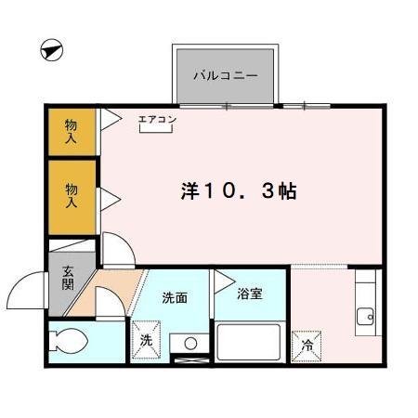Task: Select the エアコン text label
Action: coord(157,119)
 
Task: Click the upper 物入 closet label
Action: coord(71,131)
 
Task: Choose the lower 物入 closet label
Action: coord(71,195)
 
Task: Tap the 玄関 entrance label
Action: coord(69,279)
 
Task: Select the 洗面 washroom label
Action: coord(176,298)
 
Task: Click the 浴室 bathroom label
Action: coord(250,294)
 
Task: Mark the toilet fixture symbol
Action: coord(69,341)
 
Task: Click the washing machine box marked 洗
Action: coord(146,339)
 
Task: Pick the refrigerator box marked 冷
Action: coord(307,345)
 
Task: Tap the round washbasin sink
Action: coord(190,343)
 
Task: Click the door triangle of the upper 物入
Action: coord(109,118)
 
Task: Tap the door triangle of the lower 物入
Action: coord(108,197)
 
